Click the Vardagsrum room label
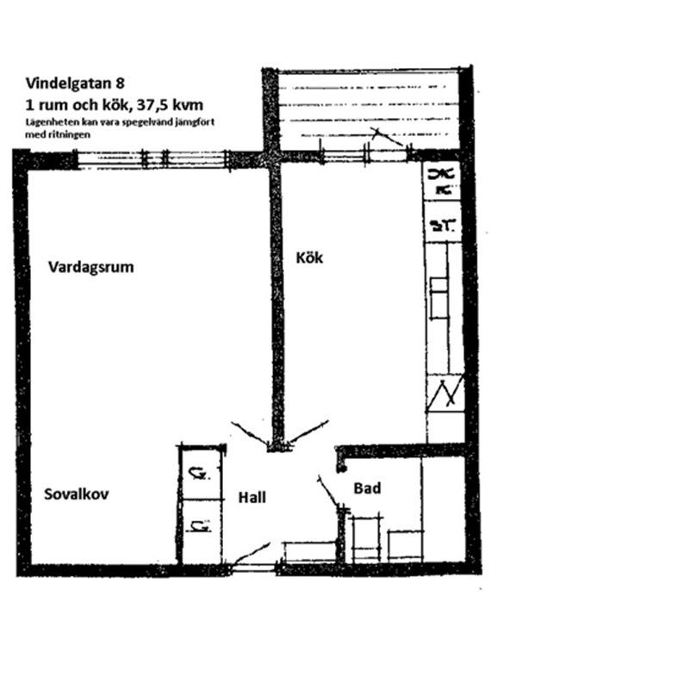coord(91,267)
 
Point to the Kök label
coord(309,257)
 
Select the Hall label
coord(252,497)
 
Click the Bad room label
coord(368,488)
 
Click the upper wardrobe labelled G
coord(199,472)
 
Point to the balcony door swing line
coord(388,138)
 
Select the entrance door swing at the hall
coord(251,553)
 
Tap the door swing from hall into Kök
coord(308,431)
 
